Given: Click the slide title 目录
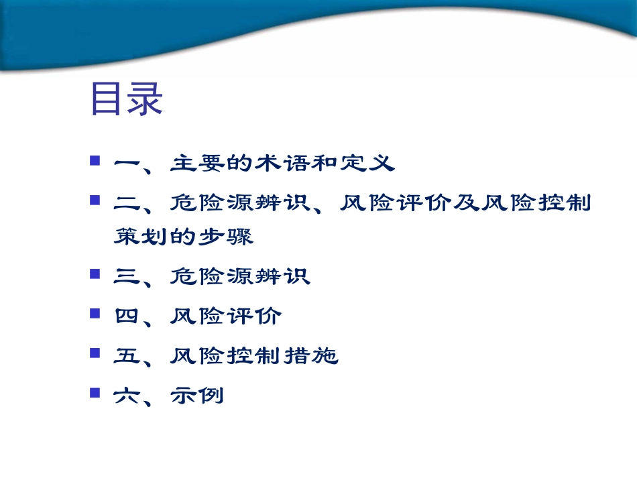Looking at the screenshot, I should click(127, 100).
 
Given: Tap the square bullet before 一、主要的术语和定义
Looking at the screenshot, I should click(95, 161).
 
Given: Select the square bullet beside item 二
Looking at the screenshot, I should click(95, 200).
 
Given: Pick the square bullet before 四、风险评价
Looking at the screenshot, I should click(95, 312).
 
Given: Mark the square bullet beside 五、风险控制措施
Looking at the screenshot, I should click(95, 352).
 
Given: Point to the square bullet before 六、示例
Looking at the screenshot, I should click(95, 392).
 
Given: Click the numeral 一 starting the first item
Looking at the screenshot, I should click(126, 163).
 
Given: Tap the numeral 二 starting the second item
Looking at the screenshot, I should click(126, 202).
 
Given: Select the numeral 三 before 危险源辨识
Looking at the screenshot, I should click(126, 276).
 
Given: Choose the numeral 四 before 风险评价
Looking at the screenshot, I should click(126, 316).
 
